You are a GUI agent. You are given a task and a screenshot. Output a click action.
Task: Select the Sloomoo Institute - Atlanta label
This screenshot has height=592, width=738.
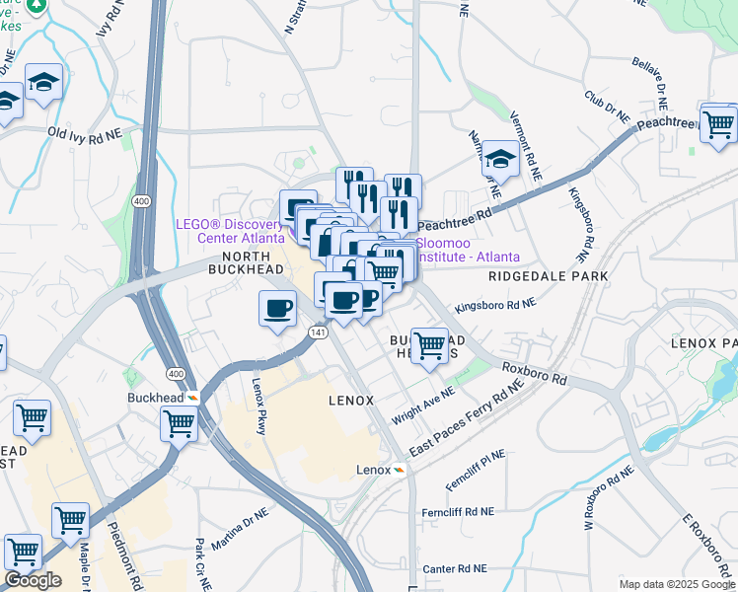[x=467, y=249]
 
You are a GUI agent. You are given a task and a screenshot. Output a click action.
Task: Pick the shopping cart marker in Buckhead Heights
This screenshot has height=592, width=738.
[x=429, y=346]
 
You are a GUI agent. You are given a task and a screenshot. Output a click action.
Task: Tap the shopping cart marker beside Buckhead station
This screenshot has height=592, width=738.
[x=179, y=424]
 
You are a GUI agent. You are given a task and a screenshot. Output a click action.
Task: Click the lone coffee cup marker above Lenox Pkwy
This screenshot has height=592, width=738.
[x=277, y=308]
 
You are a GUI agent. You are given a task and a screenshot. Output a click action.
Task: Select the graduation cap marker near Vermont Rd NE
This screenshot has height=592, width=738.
[x=500, y=161]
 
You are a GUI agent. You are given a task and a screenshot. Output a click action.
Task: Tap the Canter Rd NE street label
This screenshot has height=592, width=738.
[x=455, y=568]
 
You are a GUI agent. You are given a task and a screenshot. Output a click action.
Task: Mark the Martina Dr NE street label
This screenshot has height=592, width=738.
[x=239, y=530]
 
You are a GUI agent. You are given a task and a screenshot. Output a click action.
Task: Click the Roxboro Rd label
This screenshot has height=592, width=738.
[x=533, y=372]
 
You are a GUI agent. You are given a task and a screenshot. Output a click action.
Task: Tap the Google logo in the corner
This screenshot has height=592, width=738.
[x=33, y=580]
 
